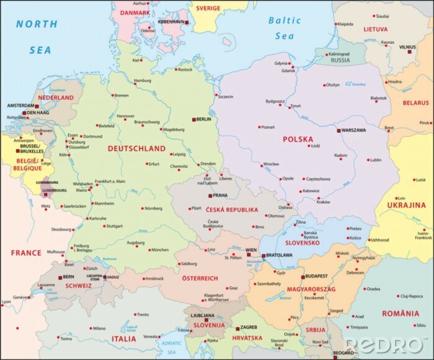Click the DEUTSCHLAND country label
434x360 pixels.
click(136, 149)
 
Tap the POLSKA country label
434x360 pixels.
click(298, 139)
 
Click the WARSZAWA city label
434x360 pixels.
click(353, 131)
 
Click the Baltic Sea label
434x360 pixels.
click(285, 28)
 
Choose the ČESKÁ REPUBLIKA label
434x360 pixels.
click(232, 210)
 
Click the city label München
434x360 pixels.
click(159, 250)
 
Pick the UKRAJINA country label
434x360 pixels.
click(407, 205)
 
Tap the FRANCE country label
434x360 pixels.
click(25, 253)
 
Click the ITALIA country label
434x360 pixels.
click(123, 339)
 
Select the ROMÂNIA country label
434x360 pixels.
click(400, 314)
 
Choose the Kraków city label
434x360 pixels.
click(323, 202)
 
